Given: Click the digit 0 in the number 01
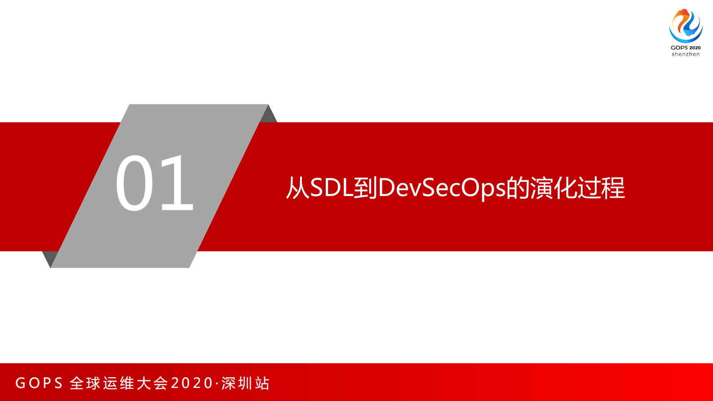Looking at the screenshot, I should click(x=135, y=183).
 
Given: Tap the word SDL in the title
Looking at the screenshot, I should click(x=331, y=187).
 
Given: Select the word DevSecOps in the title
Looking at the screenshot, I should click(x=442, y=187).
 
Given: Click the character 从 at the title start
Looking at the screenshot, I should click(x=297, y=187).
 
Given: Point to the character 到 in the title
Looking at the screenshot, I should click(x=365, y=187).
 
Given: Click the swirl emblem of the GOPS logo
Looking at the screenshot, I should click(x=686, y=25).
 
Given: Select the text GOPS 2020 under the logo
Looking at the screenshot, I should click(x=686, y=48).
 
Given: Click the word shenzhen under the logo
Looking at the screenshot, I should click(x=686, y=54).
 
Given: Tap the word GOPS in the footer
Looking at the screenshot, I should click(x=39, y=383).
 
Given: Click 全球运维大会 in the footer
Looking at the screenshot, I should click(x=119, y=383).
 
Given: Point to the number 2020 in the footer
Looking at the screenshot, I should click(x=192, y=383).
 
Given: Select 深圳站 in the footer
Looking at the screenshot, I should click(x=245, y=383).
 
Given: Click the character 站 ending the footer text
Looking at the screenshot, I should click(x=262, y=383).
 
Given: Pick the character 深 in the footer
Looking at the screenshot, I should click(x=229, y=383).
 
